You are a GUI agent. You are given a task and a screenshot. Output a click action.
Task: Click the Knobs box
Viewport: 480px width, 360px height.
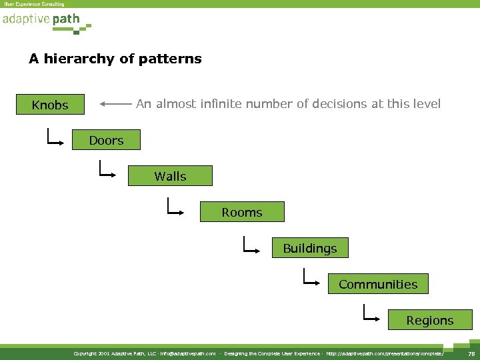(x=51, y=105)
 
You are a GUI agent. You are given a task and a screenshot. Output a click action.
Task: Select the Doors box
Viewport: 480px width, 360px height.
(x=107, y=140)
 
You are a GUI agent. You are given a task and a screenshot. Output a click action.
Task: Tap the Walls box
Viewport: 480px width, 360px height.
(x=170, y=176)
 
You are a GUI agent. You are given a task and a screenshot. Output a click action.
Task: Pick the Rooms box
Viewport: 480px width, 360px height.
(x=242, y=212)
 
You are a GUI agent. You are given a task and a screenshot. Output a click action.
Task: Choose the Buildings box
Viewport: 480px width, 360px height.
(x=310, y=248)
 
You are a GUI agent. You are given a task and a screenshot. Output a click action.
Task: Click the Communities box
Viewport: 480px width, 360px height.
(x=378, y=284)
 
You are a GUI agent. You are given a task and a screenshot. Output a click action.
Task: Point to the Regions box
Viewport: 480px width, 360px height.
(x=430, y=320)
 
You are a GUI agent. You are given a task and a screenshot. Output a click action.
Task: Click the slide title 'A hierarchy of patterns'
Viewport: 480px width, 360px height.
(x=115, y=59)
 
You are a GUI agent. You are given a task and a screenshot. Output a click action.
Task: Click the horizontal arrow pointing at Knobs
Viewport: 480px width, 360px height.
(x=116, y=104)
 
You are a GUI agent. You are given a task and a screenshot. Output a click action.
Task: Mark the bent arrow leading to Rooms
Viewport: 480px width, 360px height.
(x=176, y=207)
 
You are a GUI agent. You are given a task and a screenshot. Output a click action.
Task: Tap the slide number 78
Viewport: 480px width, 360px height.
(x=471, y=353)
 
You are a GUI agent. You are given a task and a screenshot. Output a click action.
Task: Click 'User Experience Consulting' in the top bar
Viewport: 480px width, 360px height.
(x=35, y=4)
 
